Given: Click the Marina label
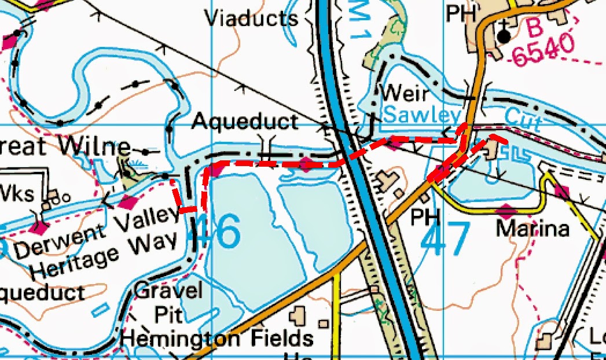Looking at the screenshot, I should (532, 229).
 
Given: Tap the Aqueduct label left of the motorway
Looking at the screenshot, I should (245, 122).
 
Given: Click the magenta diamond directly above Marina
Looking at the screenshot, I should (506, 211).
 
